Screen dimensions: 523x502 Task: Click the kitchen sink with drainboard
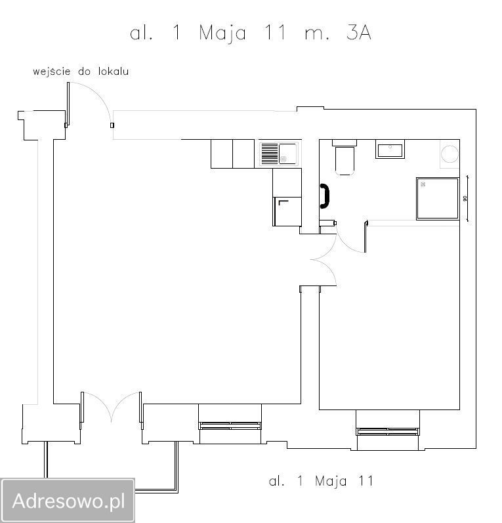(x=279, y=154)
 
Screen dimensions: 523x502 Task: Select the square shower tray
(x=437, y=198)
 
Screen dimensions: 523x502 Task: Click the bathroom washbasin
(x=390, y=149)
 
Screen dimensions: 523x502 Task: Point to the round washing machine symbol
(x=451, y=154)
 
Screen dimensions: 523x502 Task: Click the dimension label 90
(x=465, y=198)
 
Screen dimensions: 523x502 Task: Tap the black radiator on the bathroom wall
(x=324, y=196)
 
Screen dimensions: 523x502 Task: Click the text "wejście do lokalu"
(x=81, y=71)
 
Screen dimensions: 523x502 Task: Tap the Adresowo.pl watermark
(x=68, y=501)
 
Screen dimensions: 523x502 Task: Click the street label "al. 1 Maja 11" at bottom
(x=321, y=481)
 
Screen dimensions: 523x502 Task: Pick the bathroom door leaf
(x=364, y=237)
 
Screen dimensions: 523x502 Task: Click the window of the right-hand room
(x=388, y=431)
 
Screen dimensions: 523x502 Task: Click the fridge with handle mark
(x=287, y=211)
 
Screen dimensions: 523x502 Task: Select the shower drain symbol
(x=423, y=183)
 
